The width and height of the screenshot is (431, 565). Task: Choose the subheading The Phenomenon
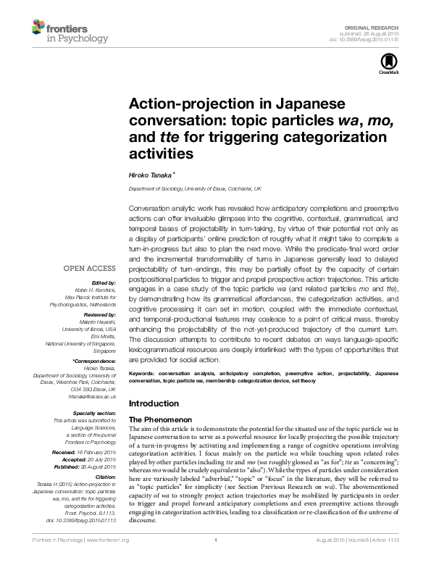tap(159, 419)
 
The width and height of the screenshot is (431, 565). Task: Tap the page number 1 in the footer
tap(215, 558)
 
